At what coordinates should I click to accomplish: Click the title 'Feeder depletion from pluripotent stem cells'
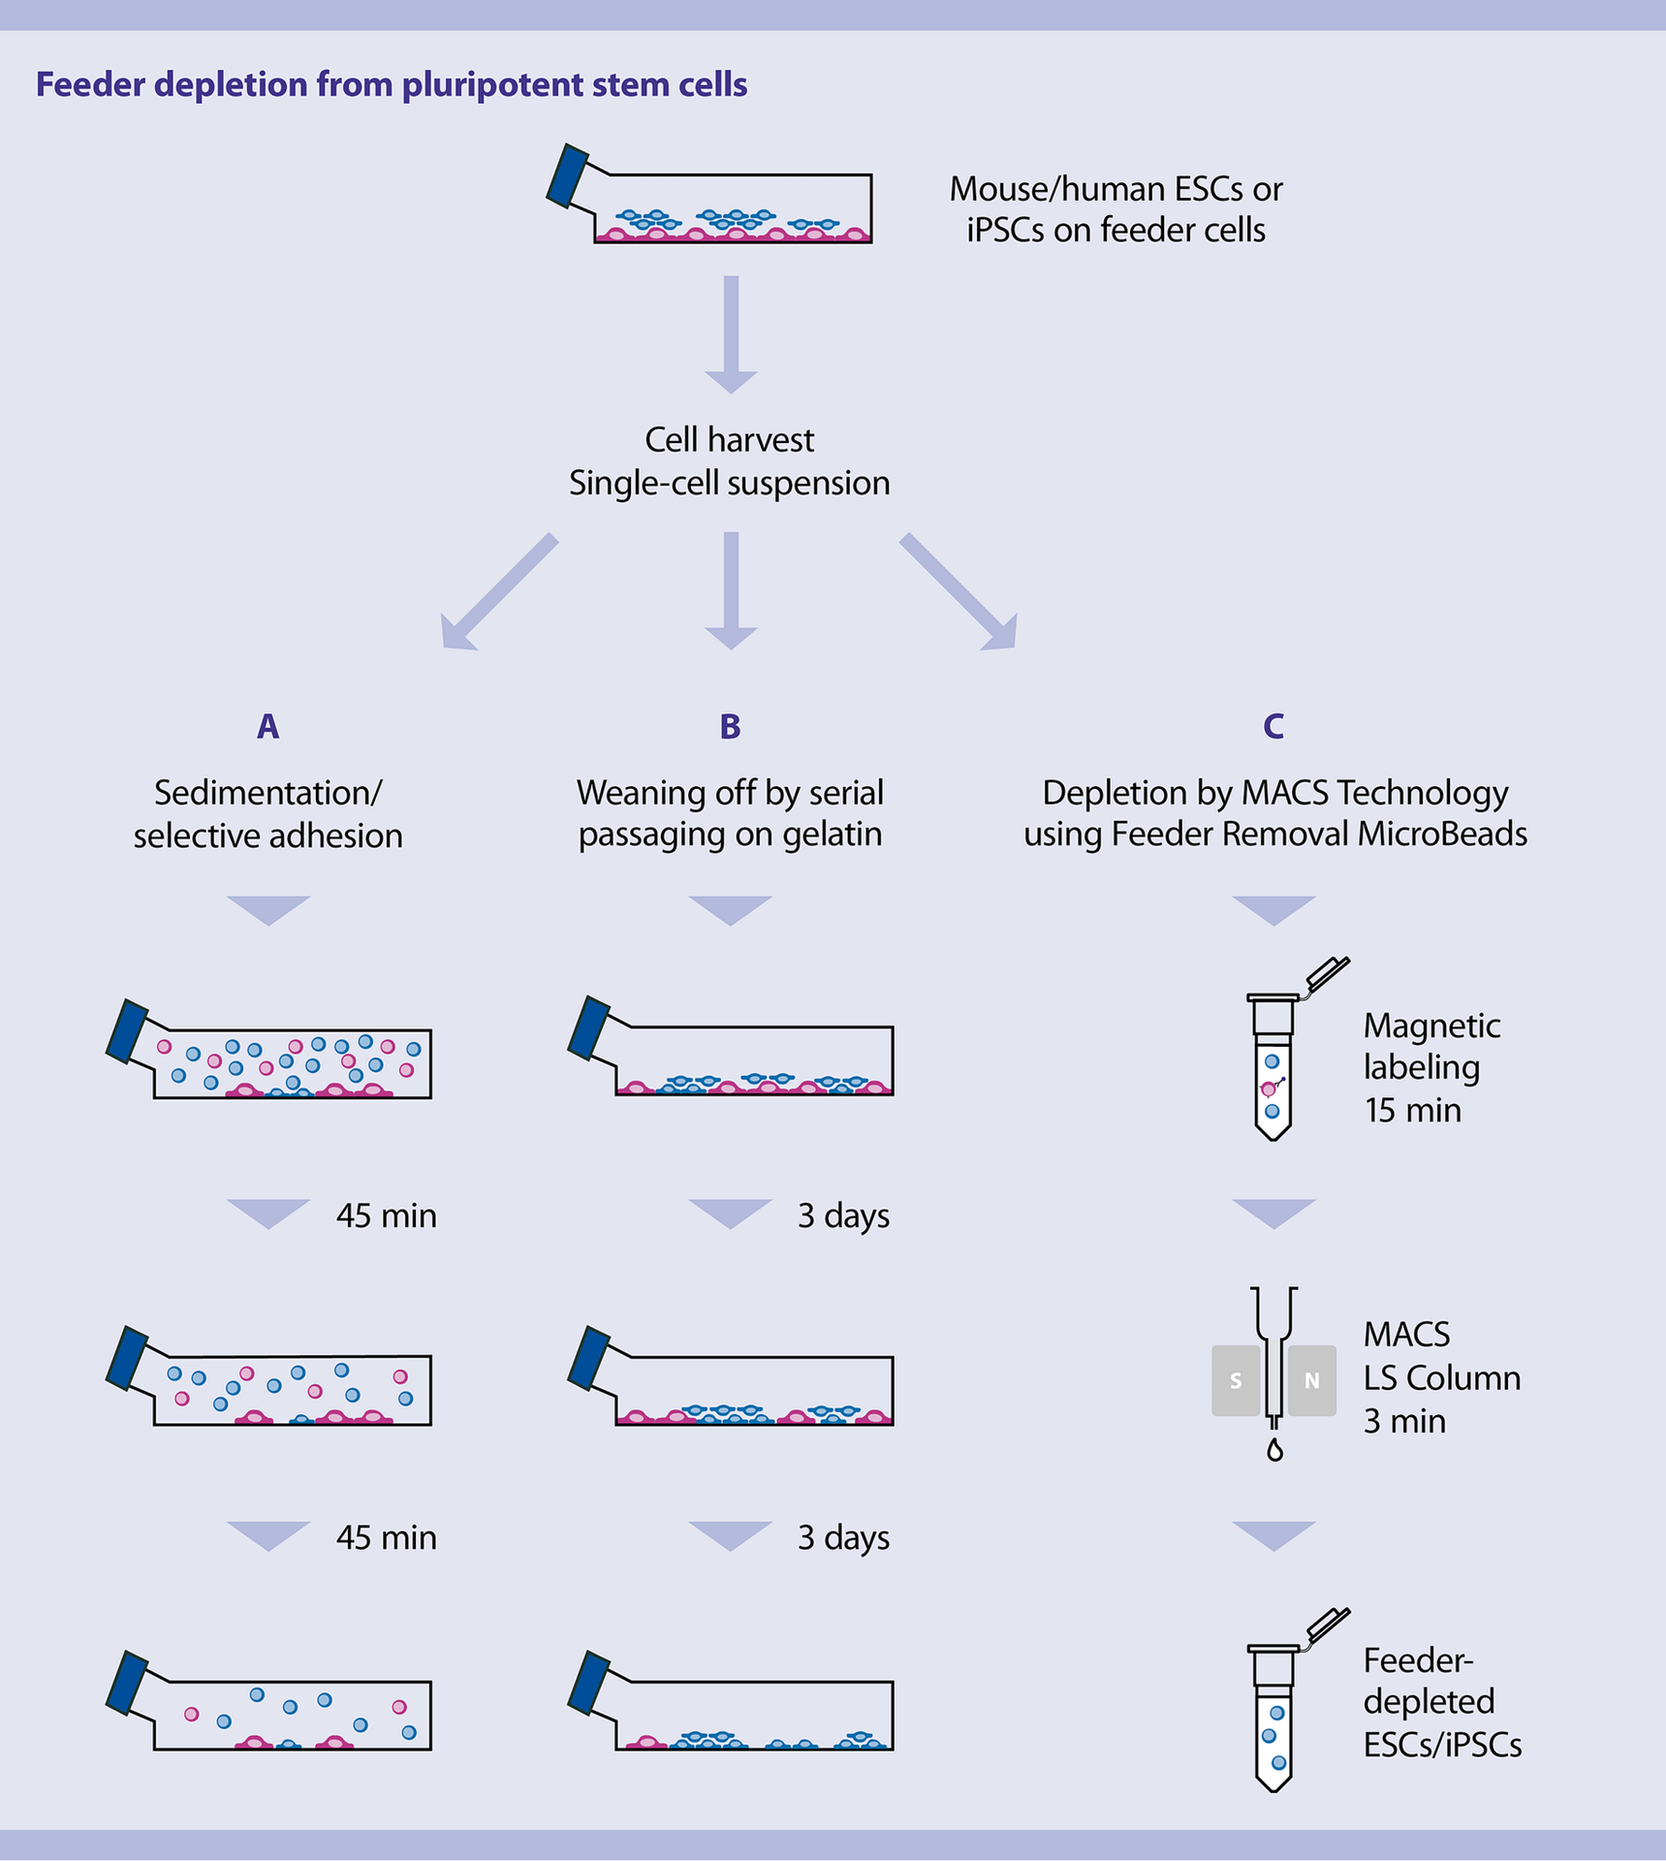point(391,85)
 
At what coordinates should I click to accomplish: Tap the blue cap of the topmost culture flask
point(567,176)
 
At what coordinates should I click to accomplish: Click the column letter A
point(267,726)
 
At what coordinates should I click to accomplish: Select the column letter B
point(730,726)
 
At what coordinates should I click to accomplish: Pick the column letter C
point(1273,726)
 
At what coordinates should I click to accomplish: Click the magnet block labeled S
point(1236,1380)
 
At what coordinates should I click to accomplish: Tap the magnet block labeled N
point(1311,1380)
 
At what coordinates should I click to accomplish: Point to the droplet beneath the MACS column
point(1274,1451)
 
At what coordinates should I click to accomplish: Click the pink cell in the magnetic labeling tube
point(1268,1089)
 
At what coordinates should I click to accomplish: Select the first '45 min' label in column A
point(386,1215)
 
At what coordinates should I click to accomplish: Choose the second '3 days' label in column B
point(843,1537)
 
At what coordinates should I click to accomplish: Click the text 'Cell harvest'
point(729,440)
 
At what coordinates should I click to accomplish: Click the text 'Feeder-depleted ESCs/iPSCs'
point(1440,1702)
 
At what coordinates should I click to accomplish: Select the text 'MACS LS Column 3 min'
point(1440,1377)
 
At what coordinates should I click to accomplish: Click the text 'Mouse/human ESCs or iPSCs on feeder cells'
point(1115,209)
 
